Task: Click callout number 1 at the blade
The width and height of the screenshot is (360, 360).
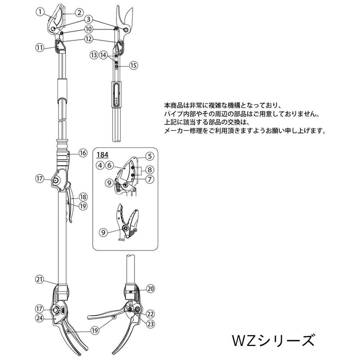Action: tap(40, 12)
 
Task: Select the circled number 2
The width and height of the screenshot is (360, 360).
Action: tap(79, 13)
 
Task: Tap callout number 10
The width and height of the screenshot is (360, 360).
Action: tap(89, 29)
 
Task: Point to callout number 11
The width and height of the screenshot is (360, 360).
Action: tap(40, 48)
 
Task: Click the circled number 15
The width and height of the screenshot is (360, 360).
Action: tap(134, 66)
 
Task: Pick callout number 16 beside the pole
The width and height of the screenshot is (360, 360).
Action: tap(83, 153)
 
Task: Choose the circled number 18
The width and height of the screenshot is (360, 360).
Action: tap(83, 197)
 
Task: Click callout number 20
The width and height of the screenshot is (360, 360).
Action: tap(150, 289)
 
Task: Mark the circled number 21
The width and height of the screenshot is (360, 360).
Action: tap(40, 279)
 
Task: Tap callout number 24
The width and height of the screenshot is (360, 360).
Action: tap(40, 318)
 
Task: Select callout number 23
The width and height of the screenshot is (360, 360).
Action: tap(150, 324)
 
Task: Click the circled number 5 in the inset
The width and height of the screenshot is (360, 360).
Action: tap(150, 156)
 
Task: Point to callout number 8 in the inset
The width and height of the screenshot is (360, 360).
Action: tap(150, 170)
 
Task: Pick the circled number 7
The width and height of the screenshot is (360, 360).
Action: tap(150, 179)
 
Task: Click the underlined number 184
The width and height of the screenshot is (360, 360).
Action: tap(102, 155)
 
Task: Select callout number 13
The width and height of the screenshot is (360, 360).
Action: tap(94, 55)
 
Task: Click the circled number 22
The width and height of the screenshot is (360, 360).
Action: tap(150, 314)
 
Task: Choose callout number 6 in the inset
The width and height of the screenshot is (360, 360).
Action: tap(109, 165)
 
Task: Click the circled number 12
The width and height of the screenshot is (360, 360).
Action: tap(89, 39)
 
